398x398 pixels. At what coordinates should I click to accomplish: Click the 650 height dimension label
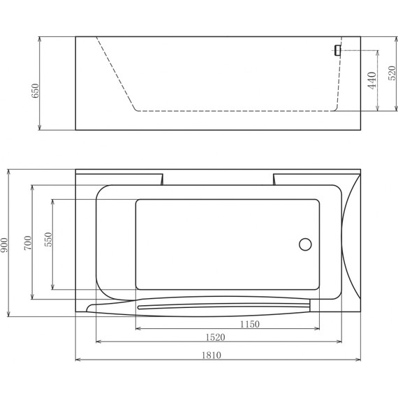(35, 91)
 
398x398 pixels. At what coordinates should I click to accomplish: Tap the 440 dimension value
(372, 80)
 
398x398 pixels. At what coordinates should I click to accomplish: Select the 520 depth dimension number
(392, 73)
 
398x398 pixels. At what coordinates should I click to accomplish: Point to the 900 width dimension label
(4, 245)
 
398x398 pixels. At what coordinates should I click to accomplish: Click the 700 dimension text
(28, 243)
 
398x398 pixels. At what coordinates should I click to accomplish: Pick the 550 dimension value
(48, 239)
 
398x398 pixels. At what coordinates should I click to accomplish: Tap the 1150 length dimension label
(250, 324)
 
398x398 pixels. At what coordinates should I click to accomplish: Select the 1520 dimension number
(215, 337)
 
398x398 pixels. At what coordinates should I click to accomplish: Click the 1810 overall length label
(212, 355)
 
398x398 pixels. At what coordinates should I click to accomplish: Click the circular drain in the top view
(305, 244)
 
